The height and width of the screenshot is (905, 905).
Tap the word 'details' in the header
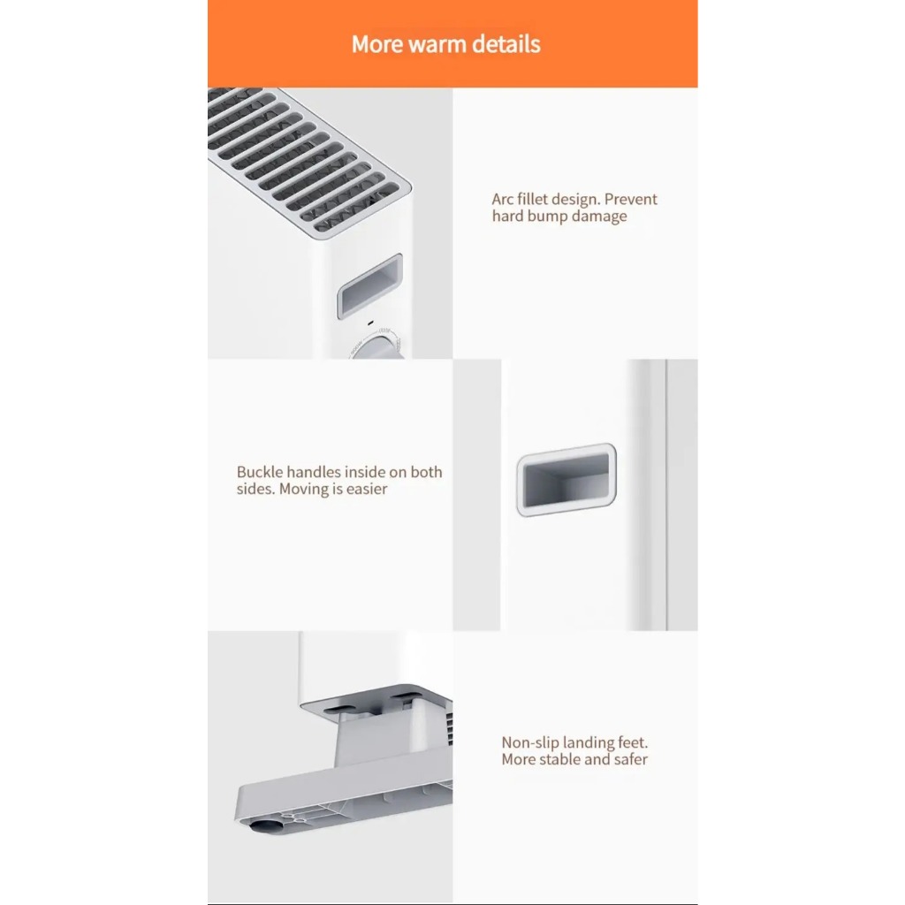(x=506, y=44)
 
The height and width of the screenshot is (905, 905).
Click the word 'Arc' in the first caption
(x=502, y=199)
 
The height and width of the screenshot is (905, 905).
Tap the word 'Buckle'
(x=260, y=472)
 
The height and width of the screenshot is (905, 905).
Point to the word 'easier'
(x=367, y=490)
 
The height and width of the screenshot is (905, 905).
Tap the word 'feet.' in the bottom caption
(x=630, y=742)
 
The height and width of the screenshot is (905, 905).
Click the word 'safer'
(x=630, y=759)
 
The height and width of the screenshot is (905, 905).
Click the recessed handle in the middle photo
(x=567, y=480)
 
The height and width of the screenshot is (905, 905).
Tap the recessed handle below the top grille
(x=370, y=286)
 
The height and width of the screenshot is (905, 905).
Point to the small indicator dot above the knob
(x=370, y=323)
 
